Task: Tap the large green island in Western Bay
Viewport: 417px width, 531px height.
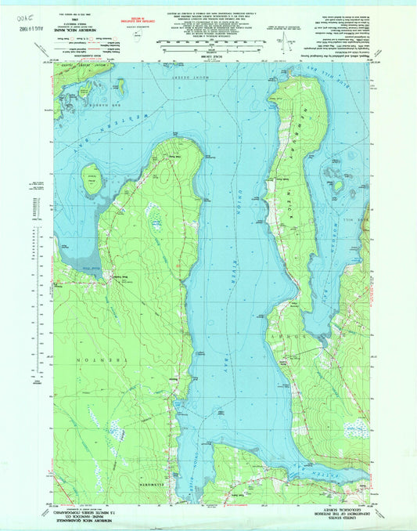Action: pyautogui.click(x=92, y=179)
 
